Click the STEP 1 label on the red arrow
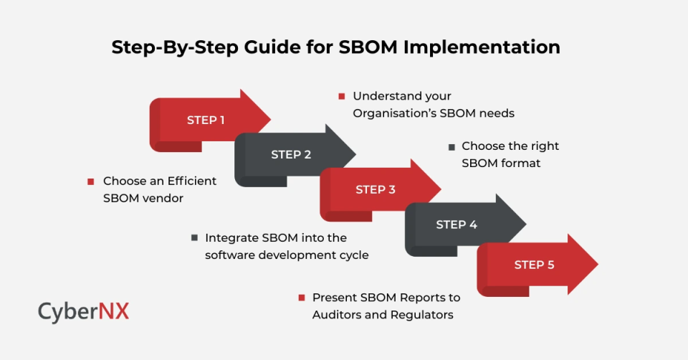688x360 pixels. pos(206,120)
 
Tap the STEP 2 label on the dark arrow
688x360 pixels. pos(291,154)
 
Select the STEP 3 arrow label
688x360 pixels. pos(376,189)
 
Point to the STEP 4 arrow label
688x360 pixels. pos(457,224)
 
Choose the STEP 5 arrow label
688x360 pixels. pos(534,265)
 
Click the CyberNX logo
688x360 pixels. pos(84,311)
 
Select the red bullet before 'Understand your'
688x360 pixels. pos(342,95)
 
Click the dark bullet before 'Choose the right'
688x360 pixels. pos(451,146)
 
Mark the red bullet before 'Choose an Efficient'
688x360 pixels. pos(91,181)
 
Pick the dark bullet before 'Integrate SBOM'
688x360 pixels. pos(194,237)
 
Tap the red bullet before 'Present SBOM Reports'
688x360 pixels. pos(302,298)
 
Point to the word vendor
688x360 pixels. pos(163,198)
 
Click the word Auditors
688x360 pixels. pos(338,314)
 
